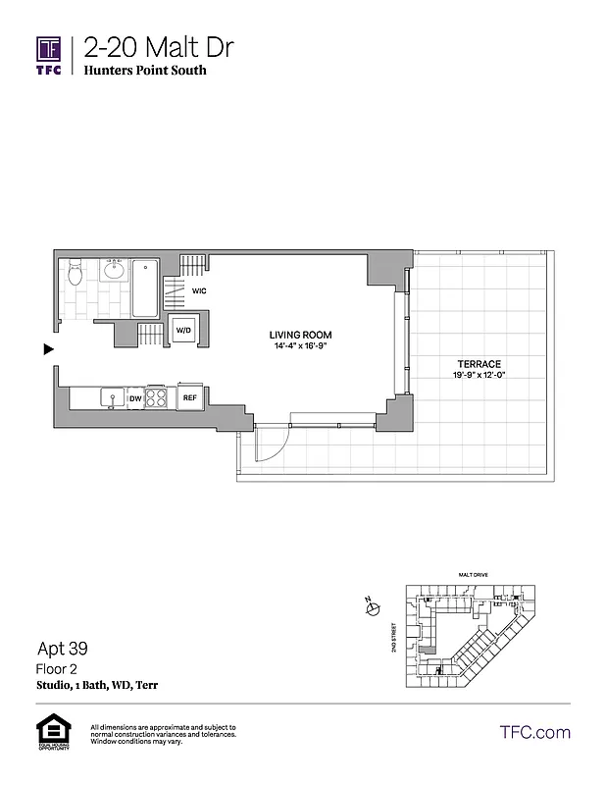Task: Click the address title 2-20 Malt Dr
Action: pos(159,47)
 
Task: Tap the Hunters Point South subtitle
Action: pos(145,71)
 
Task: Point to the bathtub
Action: pos(145,287)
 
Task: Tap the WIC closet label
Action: pos(198,291)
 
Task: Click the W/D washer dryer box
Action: pos(183,332)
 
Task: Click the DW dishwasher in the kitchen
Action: pos(135,398)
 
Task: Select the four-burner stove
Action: pos(158,397)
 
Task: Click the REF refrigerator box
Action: pos(189,397)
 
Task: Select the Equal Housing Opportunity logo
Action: pos(49,732)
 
